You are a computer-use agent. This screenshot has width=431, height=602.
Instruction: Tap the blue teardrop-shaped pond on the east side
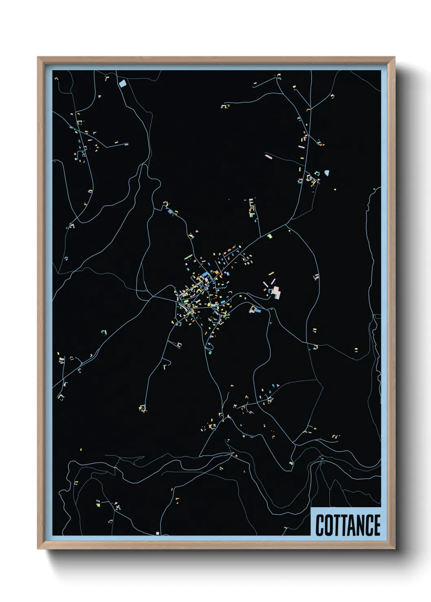coord(327,173)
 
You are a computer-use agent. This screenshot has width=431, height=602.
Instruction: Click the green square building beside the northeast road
coord(269,236)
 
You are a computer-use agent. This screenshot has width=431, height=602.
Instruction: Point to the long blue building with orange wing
coord(255,310)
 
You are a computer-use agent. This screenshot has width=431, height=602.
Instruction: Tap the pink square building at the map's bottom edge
coord(157,533)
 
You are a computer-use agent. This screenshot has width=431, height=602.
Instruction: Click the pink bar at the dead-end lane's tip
coord(268,155)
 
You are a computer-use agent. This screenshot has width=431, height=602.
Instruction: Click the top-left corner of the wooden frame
coord(38,57)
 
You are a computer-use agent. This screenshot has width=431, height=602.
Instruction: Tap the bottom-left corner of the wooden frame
coord(38,549)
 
